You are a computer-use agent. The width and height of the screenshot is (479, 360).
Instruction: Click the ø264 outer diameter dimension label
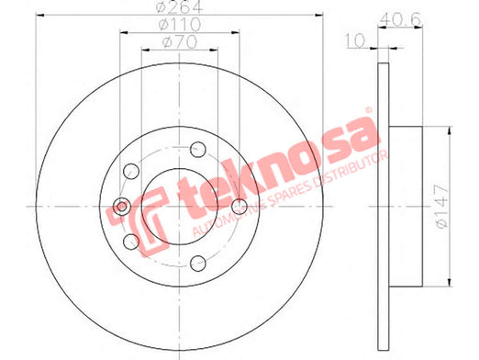(179, 6)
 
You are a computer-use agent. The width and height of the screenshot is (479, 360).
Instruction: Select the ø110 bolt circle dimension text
(180, 24)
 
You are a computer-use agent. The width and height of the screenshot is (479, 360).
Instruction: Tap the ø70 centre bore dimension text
(180, 42)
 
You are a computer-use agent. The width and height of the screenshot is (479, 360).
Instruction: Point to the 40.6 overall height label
(400, 19)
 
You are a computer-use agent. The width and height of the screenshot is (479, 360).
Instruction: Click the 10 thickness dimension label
(355, 40)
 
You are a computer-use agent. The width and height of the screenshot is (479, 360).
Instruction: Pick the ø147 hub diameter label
(441, 206)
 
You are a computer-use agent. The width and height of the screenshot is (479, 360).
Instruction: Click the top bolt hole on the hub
(198, 150)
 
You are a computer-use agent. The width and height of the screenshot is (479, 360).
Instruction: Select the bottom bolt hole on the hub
(198, 264)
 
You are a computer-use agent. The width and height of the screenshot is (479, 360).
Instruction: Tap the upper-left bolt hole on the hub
(131, 171)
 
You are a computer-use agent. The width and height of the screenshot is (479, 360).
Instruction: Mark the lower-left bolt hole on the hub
(131, 242)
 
